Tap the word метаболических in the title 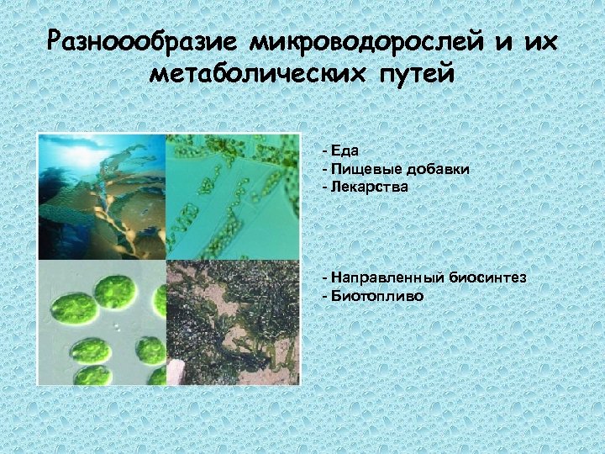point(253,74)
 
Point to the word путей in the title point(413,74)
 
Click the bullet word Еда point(345,151)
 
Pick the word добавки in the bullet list point(439,169)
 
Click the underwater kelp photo point(102,197)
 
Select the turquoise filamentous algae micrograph point(233,197)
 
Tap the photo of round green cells point(102,323)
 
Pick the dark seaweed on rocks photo point(233,323)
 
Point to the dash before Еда point(324,151)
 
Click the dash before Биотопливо point(324,296)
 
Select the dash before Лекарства point(324,187)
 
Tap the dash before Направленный point(324,277)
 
